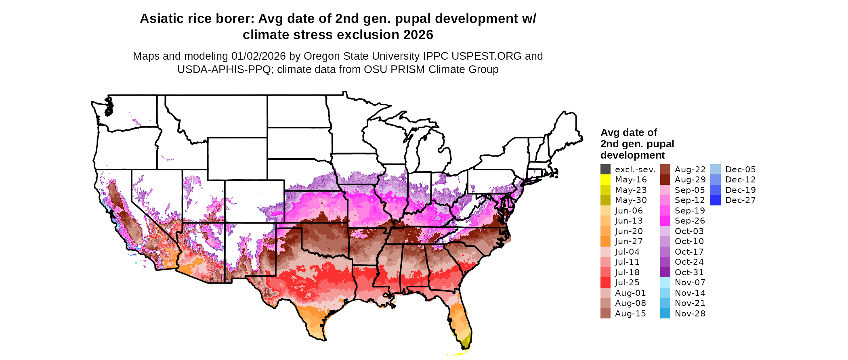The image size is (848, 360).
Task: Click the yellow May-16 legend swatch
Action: pyautogui.click(x=605, y=180)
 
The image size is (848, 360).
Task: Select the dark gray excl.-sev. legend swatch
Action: pyautogui.click(x=605, y=170)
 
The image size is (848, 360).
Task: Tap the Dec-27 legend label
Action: pyautogui.click(x=740, y=200)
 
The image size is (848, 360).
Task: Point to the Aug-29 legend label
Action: pyautogui.click(x=690, y=180)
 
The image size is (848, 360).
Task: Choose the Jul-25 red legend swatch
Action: pyautogui.click(x=605, y=283)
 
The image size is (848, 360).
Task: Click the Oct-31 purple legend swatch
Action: pyautogui.click(x=665, y=272)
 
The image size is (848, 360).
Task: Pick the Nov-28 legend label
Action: pyautogui.click(x=690, y=314)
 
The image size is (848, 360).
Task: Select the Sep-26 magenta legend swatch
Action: pyautogui.click(x=665, y=221)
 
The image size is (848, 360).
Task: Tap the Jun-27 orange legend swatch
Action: pyautogui.click(x=605, y=241)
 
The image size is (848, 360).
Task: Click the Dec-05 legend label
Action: pyautogui.click(x=740, y=170)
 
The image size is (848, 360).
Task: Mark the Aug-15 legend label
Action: pyautogui.click(x=630, y=314)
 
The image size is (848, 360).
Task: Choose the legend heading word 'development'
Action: pyautogui.click(x=632, y=155)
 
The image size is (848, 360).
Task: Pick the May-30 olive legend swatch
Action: pyautogui.click(x=605, y=200)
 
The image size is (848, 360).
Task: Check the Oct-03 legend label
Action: pyautogui.click(x=689, y=231)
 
